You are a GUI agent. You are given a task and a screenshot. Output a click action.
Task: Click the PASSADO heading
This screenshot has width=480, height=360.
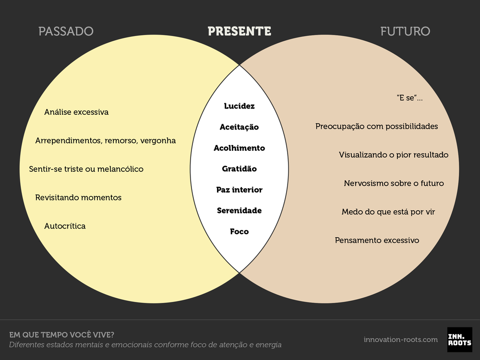pos(66,32)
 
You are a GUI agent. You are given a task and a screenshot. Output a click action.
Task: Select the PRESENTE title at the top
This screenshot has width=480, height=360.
pos(240,32)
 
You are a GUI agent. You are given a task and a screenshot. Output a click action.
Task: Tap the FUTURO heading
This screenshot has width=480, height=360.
pos(405,32)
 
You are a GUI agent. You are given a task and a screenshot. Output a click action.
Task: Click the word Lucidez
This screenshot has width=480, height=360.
pos(240,106)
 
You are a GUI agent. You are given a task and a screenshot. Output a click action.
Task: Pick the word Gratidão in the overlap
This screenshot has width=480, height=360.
pos(240,169)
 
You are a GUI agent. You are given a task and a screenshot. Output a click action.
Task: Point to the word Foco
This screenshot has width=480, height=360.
pos(240,231)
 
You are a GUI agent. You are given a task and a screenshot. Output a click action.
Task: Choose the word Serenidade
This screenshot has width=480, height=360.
pos(240,211)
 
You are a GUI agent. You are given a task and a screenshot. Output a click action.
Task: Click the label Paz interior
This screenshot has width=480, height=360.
pos(240,190)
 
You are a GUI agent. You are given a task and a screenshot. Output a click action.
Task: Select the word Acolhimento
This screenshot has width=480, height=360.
pos(240,148)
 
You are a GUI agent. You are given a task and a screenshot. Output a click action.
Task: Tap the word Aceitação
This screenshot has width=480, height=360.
pos(240,127)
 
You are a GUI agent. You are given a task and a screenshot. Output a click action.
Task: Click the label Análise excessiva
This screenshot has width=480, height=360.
pos(76,112)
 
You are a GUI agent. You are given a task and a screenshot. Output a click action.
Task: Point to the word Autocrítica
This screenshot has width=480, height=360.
pos(65,226)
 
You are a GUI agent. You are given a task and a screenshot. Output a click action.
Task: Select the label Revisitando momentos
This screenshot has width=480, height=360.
pos(78,198)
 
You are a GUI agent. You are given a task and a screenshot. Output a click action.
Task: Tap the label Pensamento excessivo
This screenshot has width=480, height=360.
pos(377,240)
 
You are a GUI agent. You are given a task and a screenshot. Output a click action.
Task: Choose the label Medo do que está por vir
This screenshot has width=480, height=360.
pos(388,212)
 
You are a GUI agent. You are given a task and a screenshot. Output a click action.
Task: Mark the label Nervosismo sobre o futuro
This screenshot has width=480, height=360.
pos(394,183)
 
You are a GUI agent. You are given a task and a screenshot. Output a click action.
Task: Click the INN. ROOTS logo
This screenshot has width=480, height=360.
pos(459,339)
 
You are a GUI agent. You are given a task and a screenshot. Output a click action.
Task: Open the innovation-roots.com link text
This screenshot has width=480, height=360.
pos(401,340)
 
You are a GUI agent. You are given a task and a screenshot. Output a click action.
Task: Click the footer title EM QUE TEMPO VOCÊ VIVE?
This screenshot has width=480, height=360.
pos(65,335)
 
